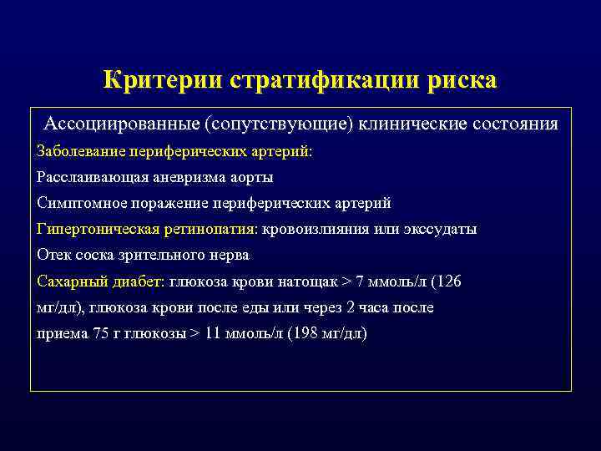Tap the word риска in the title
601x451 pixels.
coord(462,80)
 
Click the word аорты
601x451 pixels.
coord(251,177)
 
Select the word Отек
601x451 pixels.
coord(54,255)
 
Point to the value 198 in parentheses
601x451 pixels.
coord(306,333)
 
